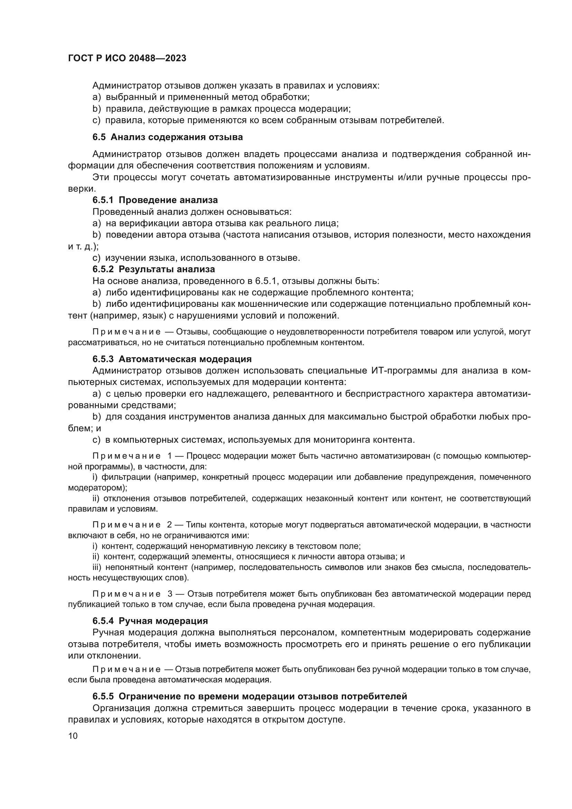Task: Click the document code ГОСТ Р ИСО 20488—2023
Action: pyautogui.click(x=127, y=58)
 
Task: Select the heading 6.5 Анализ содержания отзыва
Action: pyautogui.click(x=168, y=137)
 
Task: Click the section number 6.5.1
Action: pyautogui.click(x=103, y=200)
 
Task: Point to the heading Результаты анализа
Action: pyautogui.click(x=167, y=269)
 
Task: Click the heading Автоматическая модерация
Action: pyautogui.click(x=185, y=359)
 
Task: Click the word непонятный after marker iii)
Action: pyautogui.click(x=129, y=567)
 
